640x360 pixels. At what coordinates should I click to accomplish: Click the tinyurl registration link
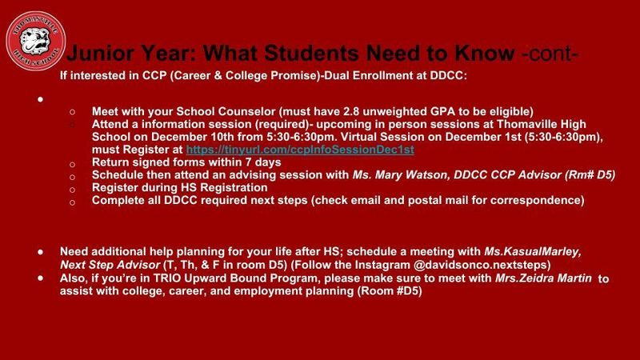click(299, 150)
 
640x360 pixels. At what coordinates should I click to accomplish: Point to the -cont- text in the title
click(549, 55)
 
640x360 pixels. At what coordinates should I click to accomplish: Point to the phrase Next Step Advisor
click(109, 263)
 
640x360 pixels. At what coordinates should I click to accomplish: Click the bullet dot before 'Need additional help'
click(40, 250)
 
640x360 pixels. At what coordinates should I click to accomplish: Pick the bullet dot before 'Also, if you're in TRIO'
click(40, 278)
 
